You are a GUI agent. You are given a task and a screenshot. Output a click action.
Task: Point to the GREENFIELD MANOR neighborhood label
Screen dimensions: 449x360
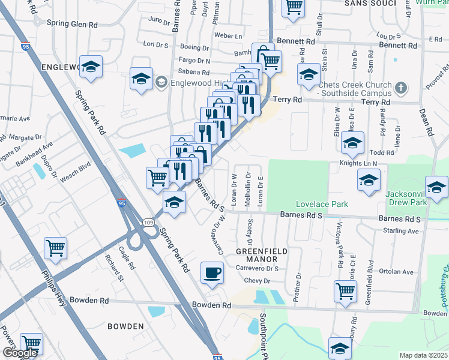262,254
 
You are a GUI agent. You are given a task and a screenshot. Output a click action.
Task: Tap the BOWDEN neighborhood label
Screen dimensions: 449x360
125,326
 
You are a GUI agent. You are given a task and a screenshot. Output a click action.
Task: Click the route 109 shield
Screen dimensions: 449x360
149,223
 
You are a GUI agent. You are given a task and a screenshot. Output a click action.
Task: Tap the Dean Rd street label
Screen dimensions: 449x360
426,118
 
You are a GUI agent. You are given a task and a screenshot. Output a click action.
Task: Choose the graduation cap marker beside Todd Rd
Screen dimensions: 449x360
353,143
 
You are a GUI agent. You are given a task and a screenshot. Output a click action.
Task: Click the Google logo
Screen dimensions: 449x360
20,353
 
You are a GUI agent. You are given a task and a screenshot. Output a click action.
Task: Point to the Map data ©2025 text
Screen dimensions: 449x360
424,355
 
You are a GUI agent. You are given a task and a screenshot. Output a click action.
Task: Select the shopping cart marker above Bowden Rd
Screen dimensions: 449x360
345,291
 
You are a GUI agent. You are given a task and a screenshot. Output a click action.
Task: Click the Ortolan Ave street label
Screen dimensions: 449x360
397,271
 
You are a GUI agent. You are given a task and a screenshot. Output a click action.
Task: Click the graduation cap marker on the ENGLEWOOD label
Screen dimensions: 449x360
91,67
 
